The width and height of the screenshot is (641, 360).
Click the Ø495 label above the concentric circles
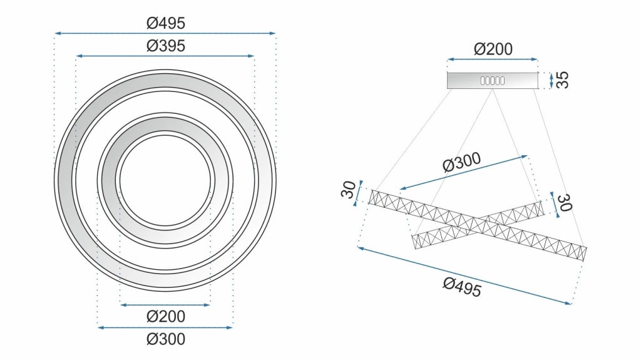point(165,23)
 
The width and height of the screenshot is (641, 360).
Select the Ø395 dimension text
point(165,46)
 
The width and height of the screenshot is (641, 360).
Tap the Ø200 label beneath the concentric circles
point(165,316)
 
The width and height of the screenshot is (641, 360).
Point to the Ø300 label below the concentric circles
point(165,339)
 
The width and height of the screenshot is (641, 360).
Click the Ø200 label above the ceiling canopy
point(493,49)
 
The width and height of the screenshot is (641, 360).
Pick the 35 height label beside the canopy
point(563,80)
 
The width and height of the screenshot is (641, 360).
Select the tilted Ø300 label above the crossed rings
point(462,162)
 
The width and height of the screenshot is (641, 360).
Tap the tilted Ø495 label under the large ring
point(462,287)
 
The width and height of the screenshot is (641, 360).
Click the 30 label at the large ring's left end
point(349,190)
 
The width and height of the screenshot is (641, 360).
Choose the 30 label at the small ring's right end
point(565,202)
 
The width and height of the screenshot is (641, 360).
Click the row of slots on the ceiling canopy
point(492,81)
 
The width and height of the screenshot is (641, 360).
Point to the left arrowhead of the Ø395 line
point(78,56)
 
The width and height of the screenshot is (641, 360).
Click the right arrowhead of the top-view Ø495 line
point(274,33)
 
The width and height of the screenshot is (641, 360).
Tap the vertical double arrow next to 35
point(551,80)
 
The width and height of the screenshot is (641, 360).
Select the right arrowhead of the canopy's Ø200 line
point(535,59)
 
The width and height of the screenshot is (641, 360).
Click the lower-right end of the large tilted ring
point(585,254)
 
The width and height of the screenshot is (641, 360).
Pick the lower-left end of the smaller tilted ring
point(414,242)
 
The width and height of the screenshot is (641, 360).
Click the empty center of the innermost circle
point(165,180)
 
